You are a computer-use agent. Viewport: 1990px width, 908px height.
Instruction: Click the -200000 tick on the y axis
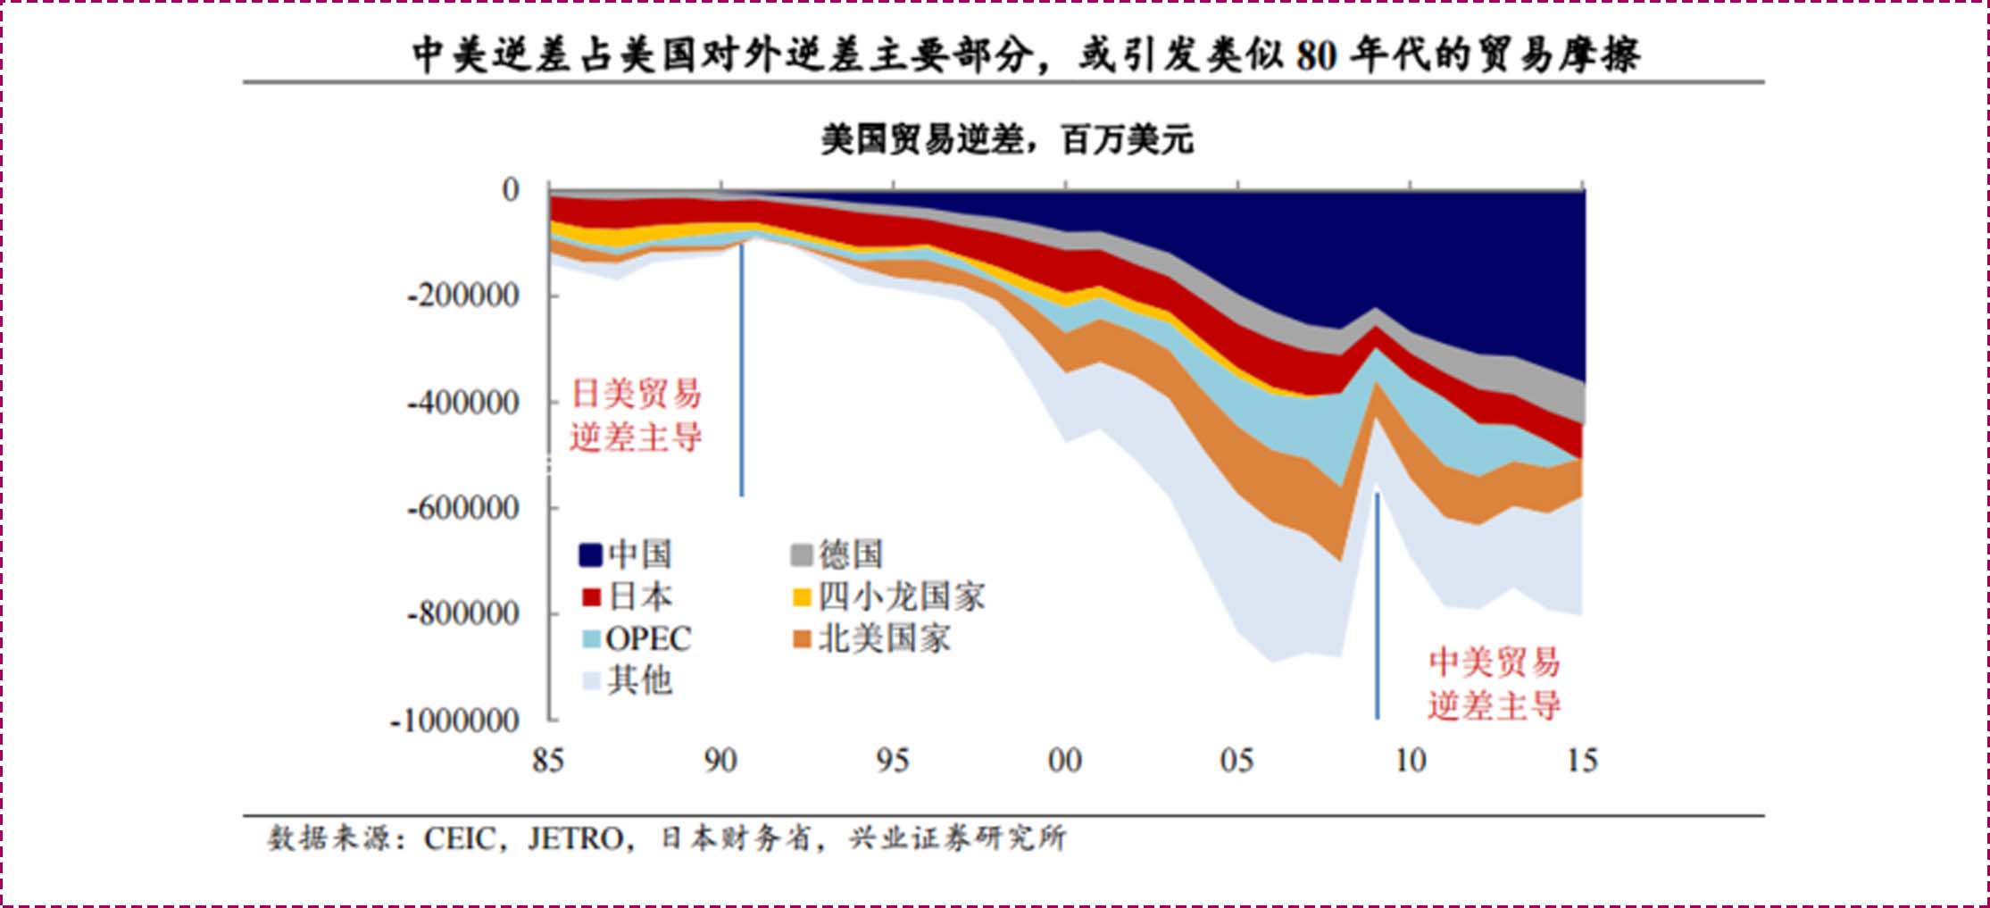(462, 296)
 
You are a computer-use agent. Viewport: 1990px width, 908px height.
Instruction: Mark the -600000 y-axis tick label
(462, 508)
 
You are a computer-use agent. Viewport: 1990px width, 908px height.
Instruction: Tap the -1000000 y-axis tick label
(454, 721)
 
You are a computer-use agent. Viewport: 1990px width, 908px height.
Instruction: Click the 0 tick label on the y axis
(510, 189)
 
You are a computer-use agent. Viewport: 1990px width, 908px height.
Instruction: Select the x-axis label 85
(547, 761)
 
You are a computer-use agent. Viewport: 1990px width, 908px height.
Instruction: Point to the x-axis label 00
(1064, 761)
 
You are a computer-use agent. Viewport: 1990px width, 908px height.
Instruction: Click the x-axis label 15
(1582, 761)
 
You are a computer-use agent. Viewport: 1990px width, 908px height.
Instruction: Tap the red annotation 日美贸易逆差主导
(636, 415)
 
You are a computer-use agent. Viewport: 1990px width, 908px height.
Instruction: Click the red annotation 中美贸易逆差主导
(1494, 684)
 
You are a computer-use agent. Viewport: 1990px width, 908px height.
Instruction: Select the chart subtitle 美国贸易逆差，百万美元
(1006, 140)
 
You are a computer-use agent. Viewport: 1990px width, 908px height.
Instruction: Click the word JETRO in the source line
(576, 839)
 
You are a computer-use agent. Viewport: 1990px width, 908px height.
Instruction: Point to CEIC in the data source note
(459, 839)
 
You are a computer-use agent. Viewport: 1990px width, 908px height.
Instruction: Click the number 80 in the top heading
(1316, 55)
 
